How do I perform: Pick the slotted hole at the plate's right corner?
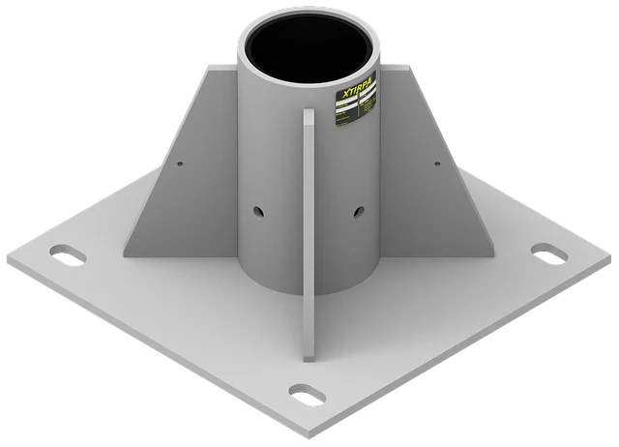(x=548, y=252)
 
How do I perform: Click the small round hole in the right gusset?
(x=437, y=164)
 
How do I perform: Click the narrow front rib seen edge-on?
(x=308, y=223)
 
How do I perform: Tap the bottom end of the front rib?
(x=308, y=334)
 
